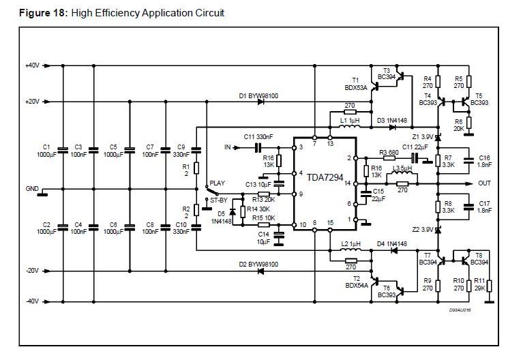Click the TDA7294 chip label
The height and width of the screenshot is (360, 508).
tap(325, 177)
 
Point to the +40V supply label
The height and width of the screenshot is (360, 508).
tap(32, 65)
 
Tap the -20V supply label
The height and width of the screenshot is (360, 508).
tap(32, 271)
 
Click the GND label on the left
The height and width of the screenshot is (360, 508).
tap(32, 188)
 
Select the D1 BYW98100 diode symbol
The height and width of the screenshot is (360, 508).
tap(260, 102)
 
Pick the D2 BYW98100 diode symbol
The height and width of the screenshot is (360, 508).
tap(260, 271)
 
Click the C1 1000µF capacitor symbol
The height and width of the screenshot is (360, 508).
tap(63, 150)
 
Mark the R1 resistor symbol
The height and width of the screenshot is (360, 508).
tap(196, 168)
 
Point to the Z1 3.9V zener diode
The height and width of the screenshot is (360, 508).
tap(438, 138)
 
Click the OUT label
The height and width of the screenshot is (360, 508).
tap(484, 183)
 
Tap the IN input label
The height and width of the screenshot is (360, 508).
tap(228, 147)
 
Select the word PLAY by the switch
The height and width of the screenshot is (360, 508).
tap(217, 183)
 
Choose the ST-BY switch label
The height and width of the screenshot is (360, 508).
tap(219, 200)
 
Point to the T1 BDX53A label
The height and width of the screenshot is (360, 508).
tap(356, 84)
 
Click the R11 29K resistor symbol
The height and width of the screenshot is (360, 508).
tap(489, 286)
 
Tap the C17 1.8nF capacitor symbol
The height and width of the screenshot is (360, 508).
tap(468, 207)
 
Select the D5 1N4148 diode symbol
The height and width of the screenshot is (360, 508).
tap(233, 211)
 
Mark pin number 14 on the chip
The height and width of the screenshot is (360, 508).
tap(347, 183)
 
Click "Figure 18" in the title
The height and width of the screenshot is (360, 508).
tap(42, 13)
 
